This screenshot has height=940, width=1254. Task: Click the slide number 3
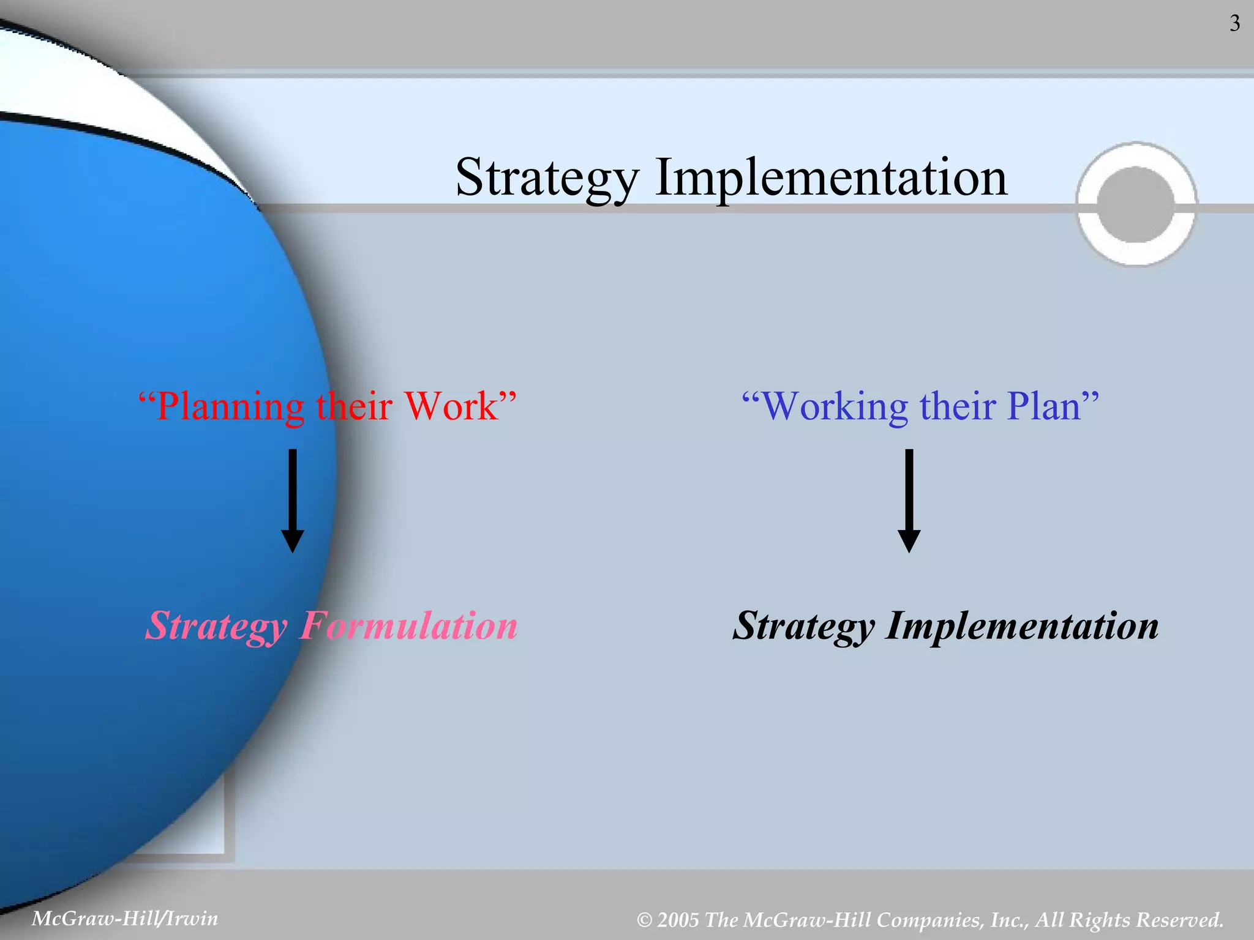click(1234, 24)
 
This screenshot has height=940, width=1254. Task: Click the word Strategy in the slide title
click(547, 177)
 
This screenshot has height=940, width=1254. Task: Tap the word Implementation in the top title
click(831, 177)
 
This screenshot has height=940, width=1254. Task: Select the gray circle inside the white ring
click(1136, 204)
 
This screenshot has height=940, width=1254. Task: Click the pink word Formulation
click(408, 625)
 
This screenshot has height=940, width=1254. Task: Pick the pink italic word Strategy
click(217, 627)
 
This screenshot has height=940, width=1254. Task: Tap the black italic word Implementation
click(1022, 627)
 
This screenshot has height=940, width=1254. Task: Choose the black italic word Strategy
click(804, 627)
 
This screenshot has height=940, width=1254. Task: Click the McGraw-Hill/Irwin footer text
click(125, 918)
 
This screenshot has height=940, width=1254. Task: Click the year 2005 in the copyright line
click(678, 920)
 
